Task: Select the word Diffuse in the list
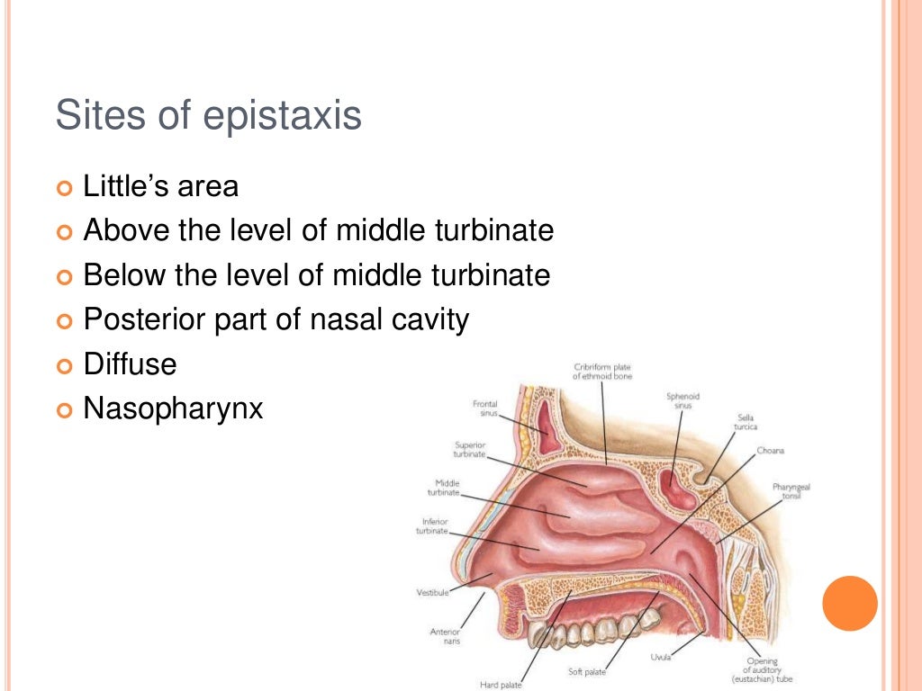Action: pyautogui.click(x=130, y=364)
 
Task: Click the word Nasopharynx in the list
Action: pyautogui.click(x=173, y=408)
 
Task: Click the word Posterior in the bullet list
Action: pyautogui.click(x=143, y=319)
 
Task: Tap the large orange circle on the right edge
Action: pyautogui.click(x=850, y=603)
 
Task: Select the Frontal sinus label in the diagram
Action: pyautogui.click(x=485, y=408)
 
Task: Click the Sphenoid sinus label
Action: pyautogui.click(x=682, y=400)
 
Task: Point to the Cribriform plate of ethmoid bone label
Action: pyautogui.click(x=603, y=371)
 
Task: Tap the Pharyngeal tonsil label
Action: pyautogui.click(x=791, y=491)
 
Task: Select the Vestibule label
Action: pyautogui.click(x=431, y=592)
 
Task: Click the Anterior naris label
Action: pyautogui.click(x=445, y=636)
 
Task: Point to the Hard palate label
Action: pyautogui.click(x=501, y=685)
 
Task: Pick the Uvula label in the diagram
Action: pyautogui.click(x=661, y=657)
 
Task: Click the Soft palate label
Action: pyautogui.click(x=587, y=671)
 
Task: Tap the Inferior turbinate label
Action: pyautogui.click(x=431, y=525)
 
